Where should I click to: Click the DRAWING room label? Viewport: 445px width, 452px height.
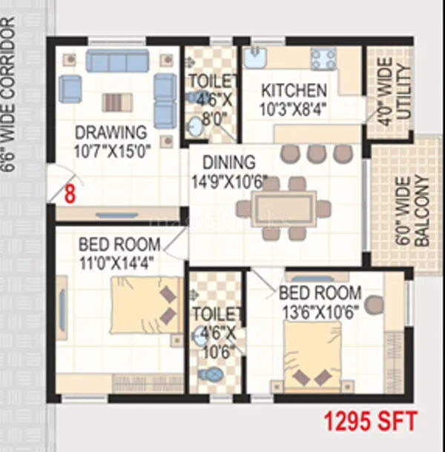point(111,133)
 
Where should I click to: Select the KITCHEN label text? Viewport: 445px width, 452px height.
point(293,91)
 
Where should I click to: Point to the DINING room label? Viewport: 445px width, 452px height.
point(229,162)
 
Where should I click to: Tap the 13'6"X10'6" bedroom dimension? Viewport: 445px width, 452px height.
point(320,311)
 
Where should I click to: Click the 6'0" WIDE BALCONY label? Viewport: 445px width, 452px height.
point(412,211)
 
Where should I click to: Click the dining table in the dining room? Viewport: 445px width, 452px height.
point(285,207)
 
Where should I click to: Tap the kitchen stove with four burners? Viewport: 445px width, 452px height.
point(323,59)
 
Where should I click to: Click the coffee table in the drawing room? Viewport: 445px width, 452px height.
point(116,102)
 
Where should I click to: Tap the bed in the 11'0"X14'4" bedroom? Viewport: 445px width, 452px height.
point(145,305)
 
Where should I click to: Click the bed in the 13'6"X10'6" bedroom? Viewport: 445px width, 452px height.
point(312,359)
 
